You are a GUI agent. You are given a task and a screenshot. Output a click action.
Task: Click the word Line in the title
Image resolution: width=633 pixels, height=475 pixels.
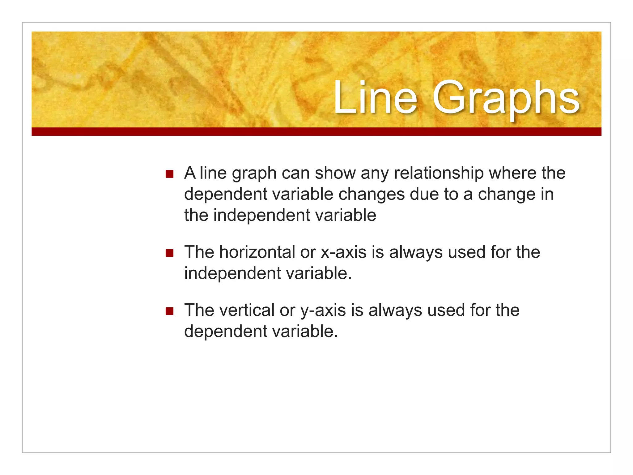pos(375,98)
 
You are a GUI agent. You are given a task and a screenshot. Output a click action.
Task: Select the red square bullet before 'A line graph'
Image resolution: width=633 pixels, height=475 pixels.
pos(169,174)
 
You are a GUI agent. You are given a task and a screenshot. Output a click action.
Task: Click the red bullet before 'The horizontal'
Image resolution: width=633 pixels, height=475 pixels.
pos(169,253)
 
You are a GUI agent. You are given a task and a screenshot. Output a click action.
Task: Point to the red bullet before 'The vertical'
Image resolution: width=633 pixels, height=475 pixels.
pos(169,311)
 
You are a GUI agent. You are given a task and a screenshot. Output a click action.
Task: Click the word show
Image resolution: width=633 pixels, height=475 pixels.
pos(335,173)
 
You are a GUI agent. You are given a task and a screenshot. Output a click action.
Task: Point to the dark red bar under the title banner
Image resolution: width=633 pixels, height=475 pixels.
pos(316,132)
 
